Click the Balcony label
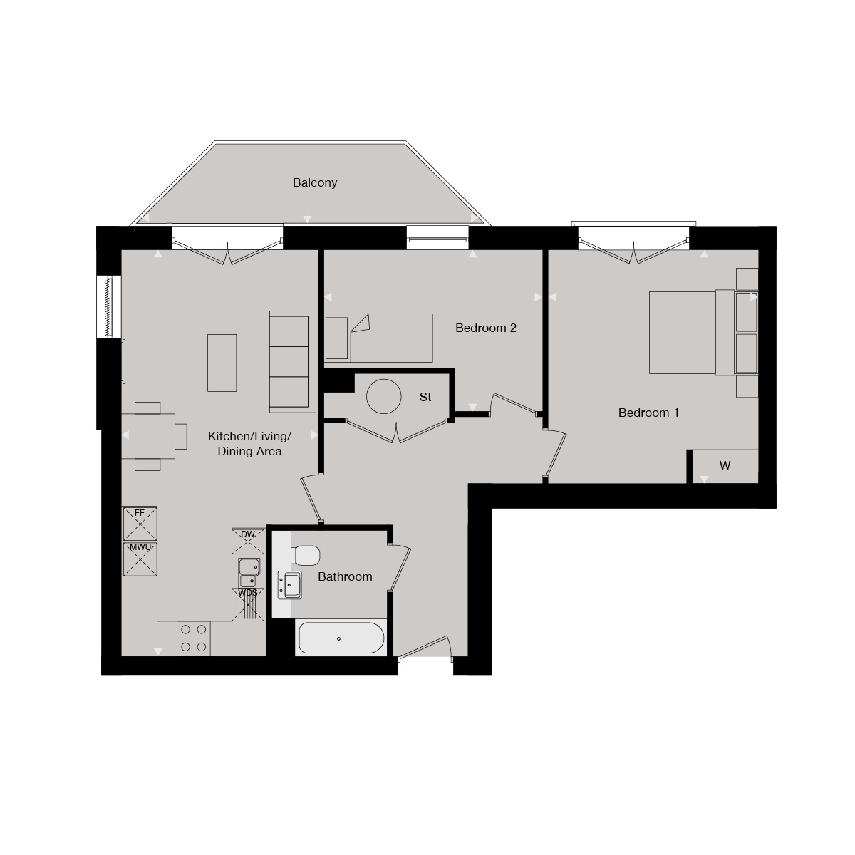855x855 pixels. [315, 183]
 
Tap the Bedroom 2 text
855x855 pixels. [486, 328]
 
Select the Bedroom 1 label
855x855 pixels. [648, 413]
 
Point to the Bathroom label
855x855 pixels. [345, 576]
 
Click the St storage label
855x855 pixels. [425, 398]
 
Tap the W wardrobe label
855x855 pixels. [725, 466]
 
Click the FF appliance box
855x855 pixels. [140, 524]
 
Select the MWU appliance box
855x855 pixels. [140, 559]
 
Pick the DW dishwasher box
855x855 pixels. [248, 541]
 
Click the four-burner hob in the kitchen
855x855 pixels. [194, 638]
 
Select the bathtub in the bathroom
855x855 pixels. [341, 638]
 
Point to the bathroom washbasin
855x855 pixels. [291, 584]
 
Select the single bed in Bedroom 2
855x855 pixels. [378, 337]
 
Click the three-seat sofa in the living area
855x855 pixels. [292, 361]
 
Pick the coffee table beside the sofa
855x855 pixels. [222, 362]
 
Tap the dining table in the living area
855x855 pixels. [148, 436]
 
